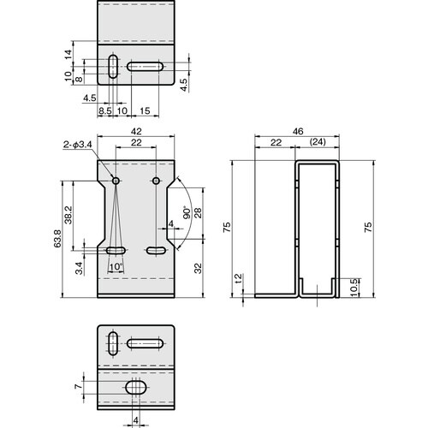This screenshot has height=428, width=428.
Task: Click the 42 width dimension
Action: tap(136, 132)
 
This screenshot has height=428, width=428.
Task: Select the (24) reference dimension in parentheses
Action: tap(318, 142)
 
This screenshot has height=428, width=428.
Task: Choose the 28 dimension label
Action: tap(199, 214)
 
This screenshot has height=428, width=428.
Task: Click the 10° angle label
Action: tap(116, 266)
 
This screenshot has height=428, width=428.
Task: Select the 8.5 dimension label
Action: tap(104, 111)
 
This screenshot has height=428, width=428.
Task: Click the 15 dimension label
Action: tap(146, 111)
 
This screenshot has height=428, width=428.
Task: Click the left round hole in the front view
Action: tap(116, 181)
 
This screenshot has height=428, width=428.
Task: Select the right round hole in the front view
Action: tap(156, 181)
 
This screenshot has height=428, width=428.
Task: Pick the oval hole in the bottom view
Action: tap(135, 389)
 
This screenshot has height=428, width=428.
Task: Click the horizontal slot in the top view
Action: tap(146, 67)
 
